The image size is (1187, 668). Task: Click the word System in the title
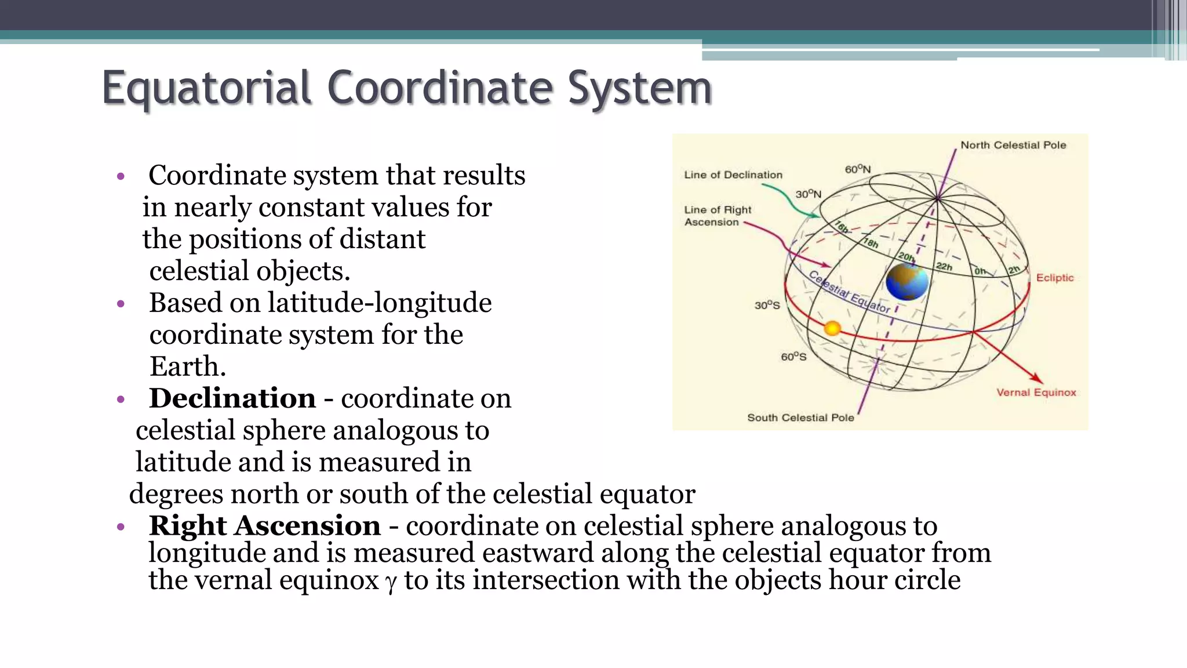coord(639,88)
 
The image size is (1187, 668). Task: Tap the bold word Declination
coord(232,398)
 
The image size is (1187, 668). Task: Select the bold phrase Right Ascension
coord(264,526)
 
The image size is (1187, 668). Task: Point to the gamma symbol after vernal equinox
coord(391,582)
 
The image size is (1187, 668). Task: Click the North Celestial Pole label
coord(1013,145)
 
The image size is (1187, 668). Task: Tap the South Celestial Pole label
coord(800,418)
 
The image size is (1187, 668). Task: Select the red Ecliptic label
coord(1054,278)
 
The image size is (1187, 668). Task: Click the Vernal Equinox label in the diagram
coord(1036,393)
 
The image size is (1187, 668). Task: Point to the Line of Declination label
coord(733,175)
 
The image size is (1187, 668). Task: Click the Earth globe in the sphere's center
coord(906,282)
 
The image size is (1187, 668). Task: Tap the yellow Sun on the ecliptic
coord(832,329)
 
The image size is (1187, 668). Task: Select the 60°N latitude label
coord(857,169)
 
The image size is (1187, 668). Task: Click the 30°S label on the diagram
coord(767,305)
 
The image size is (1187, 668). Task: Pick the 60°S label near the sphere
coord(793,357)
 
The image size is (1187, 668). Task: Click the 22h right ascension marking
coord(944,267)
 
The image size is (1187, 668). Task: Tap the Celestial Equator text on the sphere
coord(849,292)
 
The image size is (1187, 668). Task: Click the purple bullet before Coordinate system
coord(121,176)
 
